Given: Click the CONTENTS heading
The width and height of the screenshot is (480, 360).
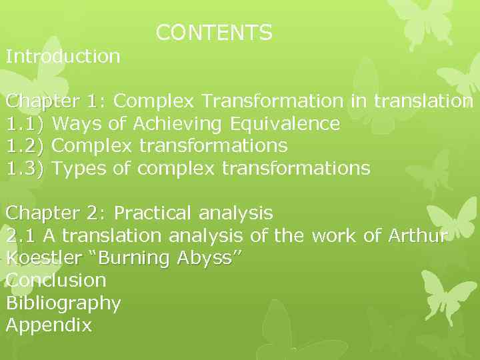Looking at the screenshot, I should click(x=214, y=33).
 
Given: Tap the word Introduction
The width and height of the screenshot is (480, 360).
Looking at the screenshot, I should click(x=63, y=56).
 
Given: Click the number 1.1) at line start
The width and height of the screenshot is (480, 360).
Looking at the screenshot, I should click(x=25, y=124).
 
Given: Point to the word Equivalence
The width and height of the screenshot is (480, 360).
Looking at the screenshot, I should click(x=285, y=124).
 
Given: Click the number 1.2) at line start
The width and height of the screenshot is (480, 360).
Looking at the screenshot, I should click(x=25, y=146).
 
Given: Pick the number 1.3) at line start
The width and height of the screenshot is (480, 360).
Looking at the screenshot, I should click(x=25, y=168).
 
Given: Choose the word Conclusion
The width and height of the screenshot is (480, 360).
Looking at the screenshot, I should click(x=56, y=280).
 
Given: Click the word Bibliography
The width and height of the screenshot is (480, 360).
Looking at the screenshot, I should click(x=63, y=303).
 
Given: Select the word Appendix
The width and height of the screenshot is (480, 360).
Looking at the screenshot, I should click(x=49, y=326).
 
